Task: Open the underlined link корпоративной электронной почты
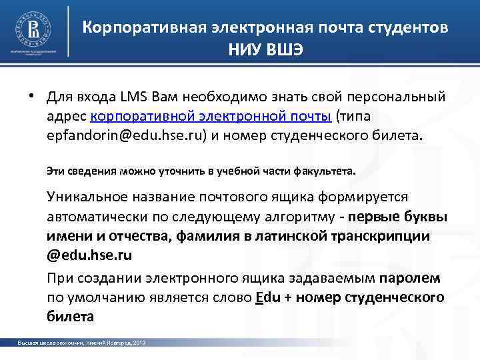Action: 211,117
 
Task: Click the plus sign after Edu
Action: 287,297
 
